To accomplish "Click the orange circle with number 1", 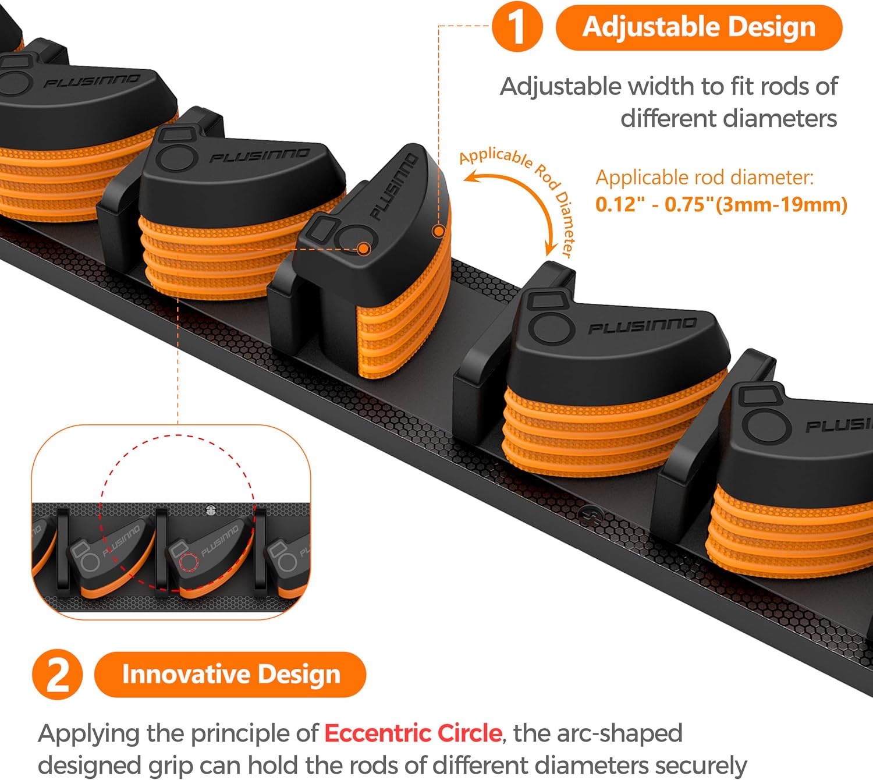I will (517, 27).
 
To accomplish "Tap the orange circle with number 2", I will (58, 675).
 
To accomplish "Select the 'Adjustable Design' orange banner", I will (699, 27).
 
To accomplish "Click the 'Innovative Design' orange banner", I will (230, 675).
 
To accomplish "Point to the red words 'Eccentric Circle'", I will (413, 733).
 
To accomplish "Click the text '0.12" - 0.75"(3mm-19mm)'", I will (721, 204).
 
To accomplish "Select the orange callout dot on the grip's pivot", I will (364, 249).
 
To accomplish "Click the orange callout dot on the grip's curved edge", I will (439, 231).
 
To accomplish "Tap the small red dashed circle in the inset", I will (189, 563).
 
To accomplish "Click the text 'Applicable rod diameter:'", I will (704, 177).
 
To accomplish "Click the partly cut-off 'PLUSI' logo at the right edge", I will (839, 426).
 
